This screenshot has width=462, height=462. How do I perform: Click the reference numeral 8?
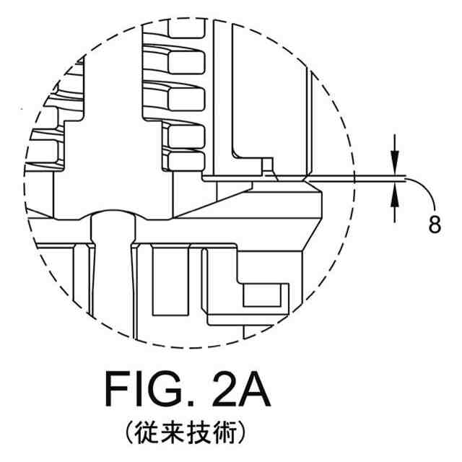pyautogui.click(x=435, y=225)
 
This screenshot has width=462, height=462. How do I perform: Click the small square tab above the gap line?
pyautogui.click(x=268, y=165)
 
